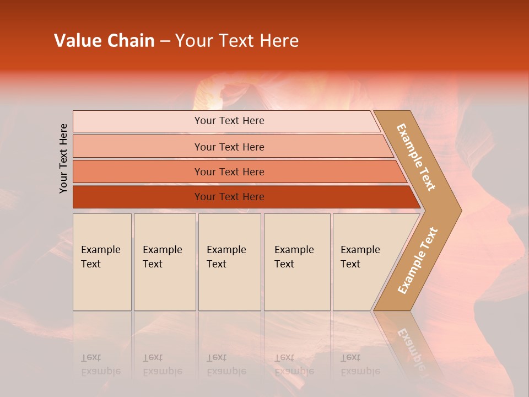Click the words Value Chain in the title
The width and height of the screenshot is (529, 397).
pyautogui.click(x=104, y=41)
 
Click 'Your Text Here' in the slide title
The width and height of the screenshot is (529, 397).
pyautogui.click(x=237, y=41)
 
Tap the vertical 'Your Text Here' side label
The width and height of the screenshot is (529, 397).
pyautogui.click(x=63, y=158)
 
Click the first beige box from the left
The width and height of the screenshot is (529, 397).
pyautogui.click(x=102, y=262)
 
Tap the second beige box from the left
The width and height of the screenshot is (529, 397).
pyautogui.click(x=165, y=262)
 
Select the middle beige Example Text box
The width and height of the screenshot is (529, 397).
pyautogui.click(x=229, y=262)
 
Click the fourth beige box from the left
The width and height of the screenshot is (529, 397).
pyautogui.click(x=297, y=262)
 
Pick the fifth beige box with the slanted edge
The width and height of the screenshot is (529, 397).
pyautogui.click(x=364, y=262)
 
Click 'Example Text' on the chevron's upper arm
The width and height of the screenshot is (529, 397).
pyautogui.click(x=416, y=157)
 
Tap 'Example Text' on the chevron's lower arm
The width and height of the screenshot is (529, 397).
pyautogui.click(x=418, y=260)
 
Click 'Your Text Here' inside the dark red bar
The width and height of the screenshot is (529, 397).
pyautogui.click(x=229, y=197)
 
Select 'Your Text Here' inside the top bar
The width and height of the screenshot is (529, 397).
pyautogui.click(x=229, y=121)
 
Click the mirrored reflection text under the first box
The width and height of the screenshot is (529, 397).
pyautogui.click(x=100, y=364)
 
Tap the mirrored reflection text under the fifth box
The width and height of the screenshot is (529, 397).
pyautogui.click(x=360, y=364)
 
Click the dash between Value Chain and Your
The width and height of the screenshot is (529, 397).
pyautogui.click(x=165, y=41)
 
